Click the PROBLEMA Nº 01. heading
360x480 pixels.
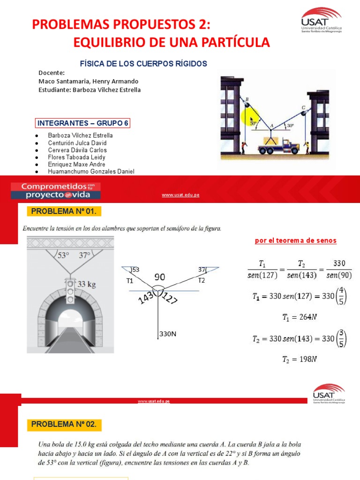64,211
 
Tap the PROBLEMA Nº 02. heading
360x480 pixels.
64,425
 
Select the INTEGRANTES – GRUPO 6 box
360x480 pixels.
83,123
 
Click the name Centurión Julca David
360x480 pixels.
77,142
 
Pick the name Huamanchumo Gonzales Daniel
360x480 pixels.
91,172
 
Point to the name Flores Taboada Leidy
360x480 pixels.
76,157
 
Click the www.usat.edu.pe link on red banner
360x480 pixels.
180,195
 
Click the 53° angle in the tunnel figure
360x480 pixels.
62,256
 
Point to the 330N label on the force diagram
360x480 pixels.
167,334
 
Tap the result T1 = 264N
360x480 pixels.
300,317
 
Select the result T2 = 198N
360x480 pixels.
300,360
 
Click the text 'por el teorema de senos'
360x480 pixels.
295,240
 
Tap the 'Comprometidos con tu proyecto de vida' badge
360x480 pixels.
55,190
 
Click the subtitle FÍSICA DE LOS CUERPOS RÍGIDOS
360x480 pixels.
144,63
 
